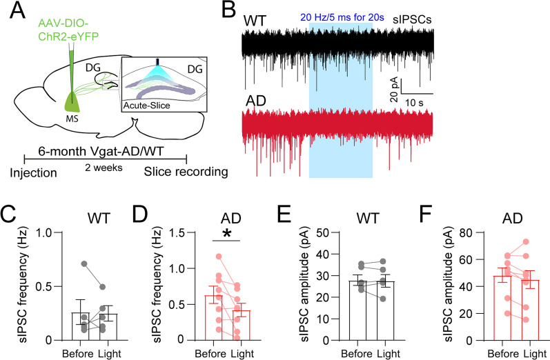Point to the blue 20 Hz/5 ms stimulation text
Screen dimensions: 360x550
click(x=341, y=17)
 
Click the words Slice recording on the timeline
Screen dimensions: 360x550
click(x=175, y=172)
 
